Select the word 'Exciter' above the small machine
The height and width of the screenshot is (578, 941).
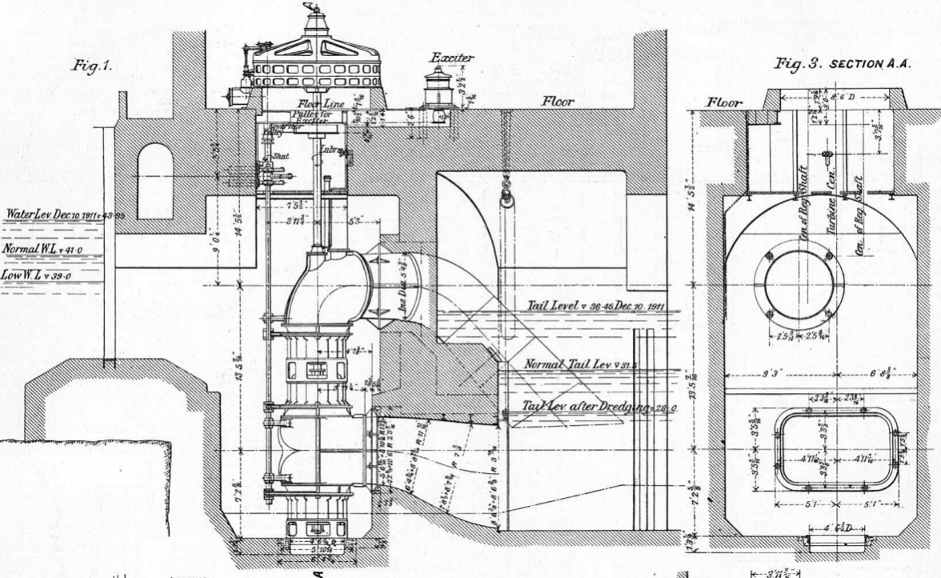tap(452, 58)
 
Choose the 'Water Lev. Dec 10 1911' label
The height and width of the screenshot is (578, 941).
tap(55, 215)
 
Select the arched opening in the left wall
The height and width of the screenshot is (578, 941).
tap(155, 180)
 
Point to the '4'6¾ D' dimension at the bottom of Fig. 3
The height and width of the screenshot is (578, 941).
tap(835, 528)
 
